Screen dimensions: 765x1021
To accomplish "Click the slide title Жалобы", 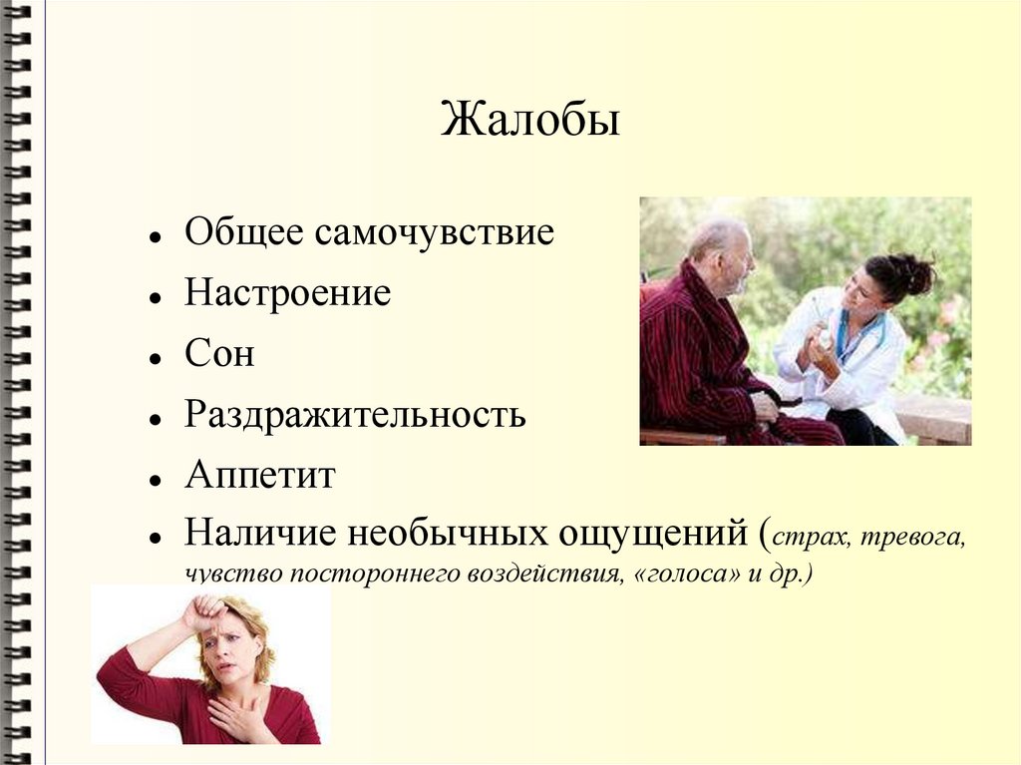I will pos(530,123).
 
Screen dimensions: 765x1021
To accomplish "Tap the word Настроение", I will pos(287,293).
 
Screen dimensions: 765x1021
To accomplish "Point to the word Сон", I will pos(219,354).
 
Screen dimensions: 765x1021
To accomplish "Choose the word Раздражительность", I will pos(355,414).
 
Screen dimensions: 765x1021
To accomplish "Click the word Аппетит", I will pos(259,476).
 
